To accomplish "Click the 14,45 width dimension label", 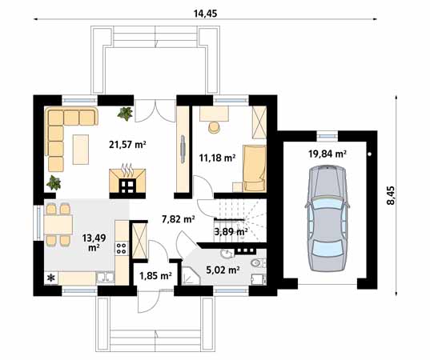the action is pyautogui.click(x=206, y=14).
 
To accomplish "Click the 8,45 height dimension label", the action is pyautogui.click(x=391, y=195).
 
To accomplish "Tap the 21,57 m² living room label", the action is pyautogui.click(x=127, y=144).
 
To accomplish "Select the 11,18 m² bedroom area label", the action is pyautogui.click(x=217, y=158).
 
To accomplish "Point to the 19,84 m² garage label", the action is pyautogui.click(x=328, y=154).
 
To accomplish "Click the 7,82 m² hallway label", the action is pyautogui.click(x=179, y=219).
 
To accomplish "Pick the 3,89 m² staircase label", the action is pyautogui.click(x=231, y=232).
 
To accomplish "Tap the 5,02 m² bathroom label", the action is pyautogui.click(x=223, y=270).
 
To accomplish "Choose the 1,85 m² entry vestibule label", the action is pyautogui.click(x=156, y=275).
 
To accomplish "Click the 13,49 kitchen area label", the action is pyautogui.click(x=94, y=242).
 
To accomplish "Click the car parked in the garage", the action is pyautogui.click(x=328, y=218).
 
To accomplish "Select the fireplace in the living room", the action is pyautogui.click(x=127, y=181).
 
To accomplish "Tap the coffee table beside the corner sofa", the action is pyautogui.click(x=81, y=150).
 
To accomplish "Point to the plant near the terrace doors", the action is pyautogui.click(x=126, y=114).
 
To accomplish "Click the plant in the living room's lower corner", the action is pyautogui.click(x=54, y=182).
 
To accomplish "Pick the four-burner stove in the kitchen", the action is pyautogui.click(x=122, y=248).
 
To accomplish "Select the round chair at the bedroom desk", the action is pyautogui.click(x=214, y=127).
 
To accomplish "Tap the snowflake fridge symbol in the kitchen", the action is pyautogui.click(x=51, y=278).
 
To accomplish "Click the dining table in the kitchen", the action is pyautogui.click(x=58, y=224).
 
